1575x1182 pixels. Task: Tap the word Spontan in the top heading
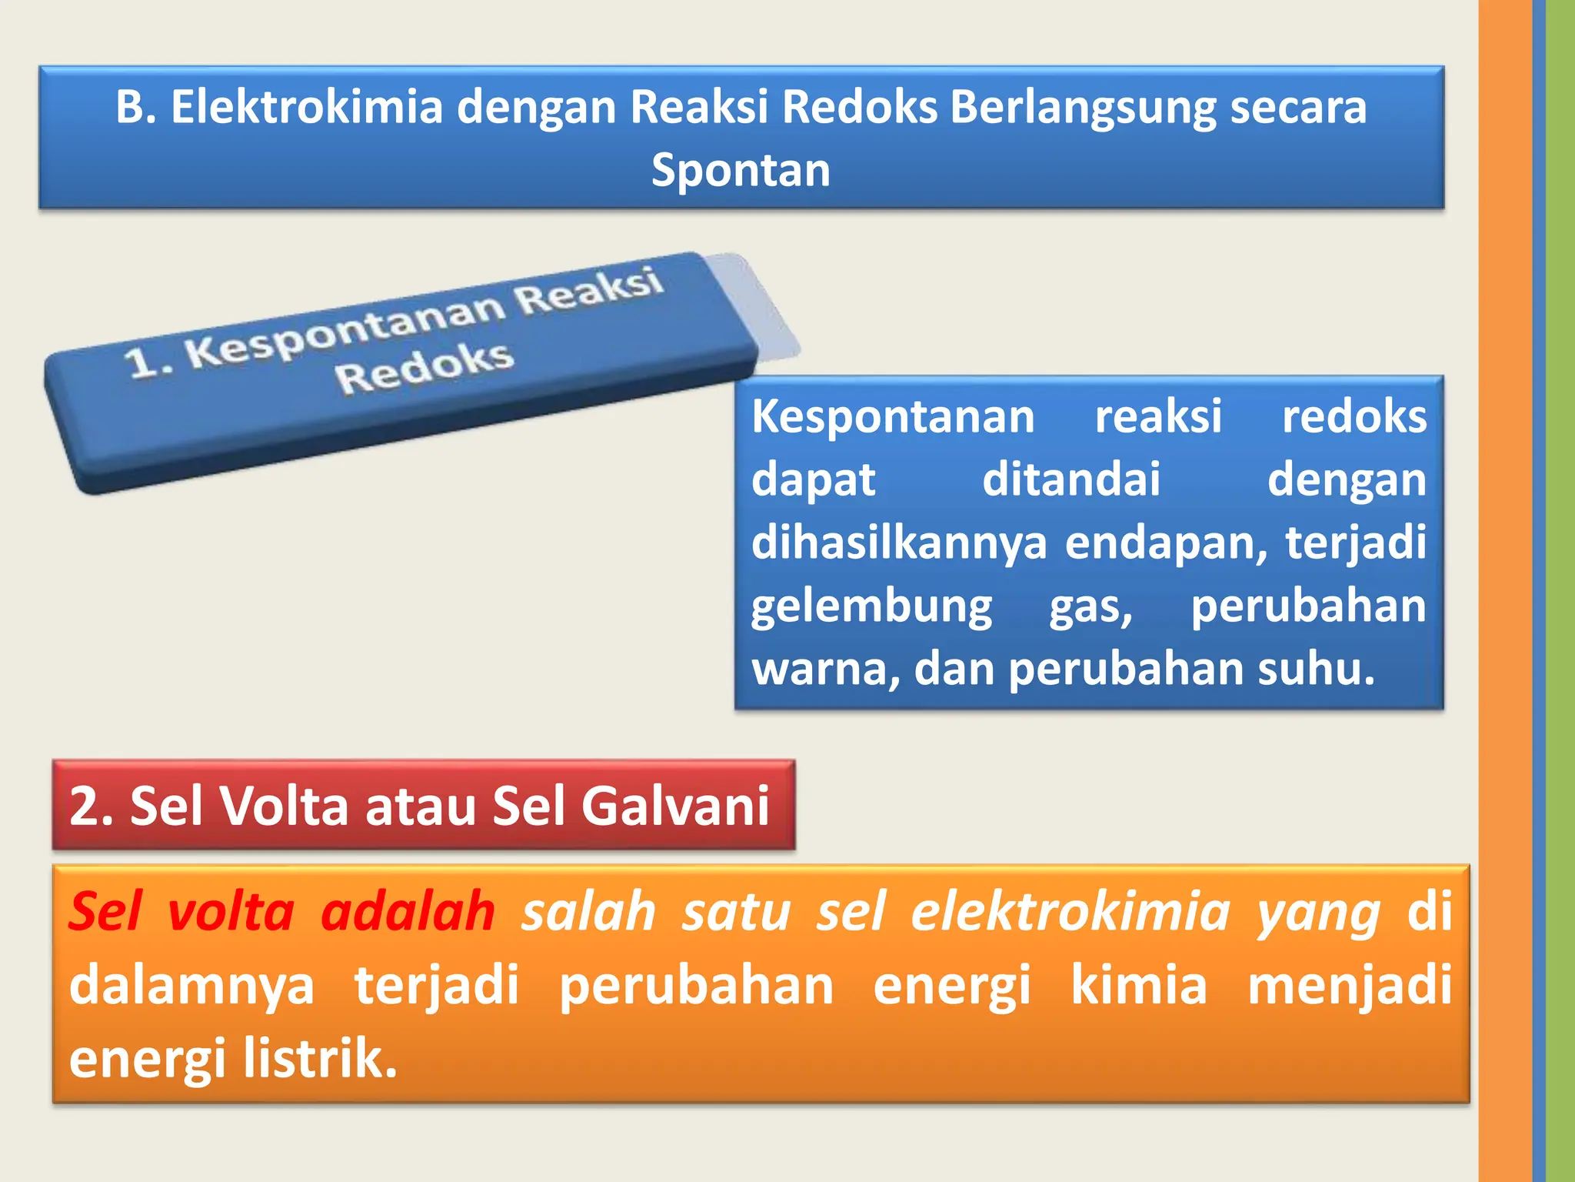[x=741, y=170]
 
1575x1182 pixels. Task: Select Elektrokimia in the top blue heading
[x=307, y=107]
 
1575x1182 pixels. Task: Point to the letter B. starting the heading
[x=136, y=107]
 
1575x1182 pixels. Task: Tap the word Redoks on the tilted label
[x=424, y=367]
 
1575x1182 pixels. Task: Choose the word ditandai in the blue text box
[x=1071, y=479]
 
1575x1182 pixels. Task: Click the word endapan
[x=1165, y=543]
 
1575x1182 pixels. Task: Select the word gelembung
[x=871, y=607]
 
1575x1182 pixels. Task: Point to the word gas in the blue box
[x=1091, y=607]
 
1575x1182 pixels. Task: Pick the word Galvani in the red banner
[x=674, y=806]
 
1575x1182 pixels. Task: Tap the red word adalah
[x=408, y=912]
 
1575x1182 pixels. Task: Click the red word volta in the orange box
[x=231, y=912]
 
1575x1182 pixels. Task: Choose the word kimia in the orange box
[x=1139, y=985]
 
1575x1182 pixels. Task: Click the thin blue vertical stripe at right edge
[x=1539, y=591]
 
